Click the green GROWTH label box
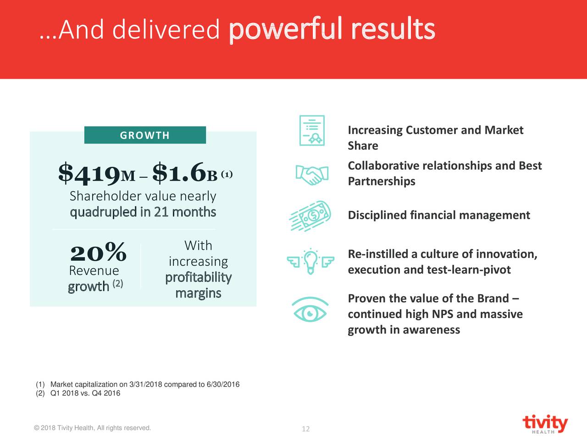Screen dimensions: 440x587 pos(145,135)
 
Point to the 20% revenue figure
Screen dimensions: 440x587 pos(98,252)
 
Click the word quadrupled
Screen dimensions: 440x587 pos(104,212)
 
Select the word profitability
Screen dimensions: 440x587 pos(198,277)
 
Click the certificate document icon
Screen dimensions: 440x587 pos(312,131)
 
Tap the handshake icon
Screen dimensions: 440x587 pos(312,174)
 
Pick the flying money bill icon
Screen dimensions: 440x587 pos(310,215)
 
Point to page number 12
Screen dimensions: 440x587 pos(305,429)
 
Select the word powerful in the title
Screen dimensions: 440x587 pos(285,29)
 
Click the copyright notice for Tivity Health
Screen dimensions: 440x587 pos(92,428)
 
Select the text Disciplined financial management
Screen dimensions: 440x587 pos(439,215)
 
